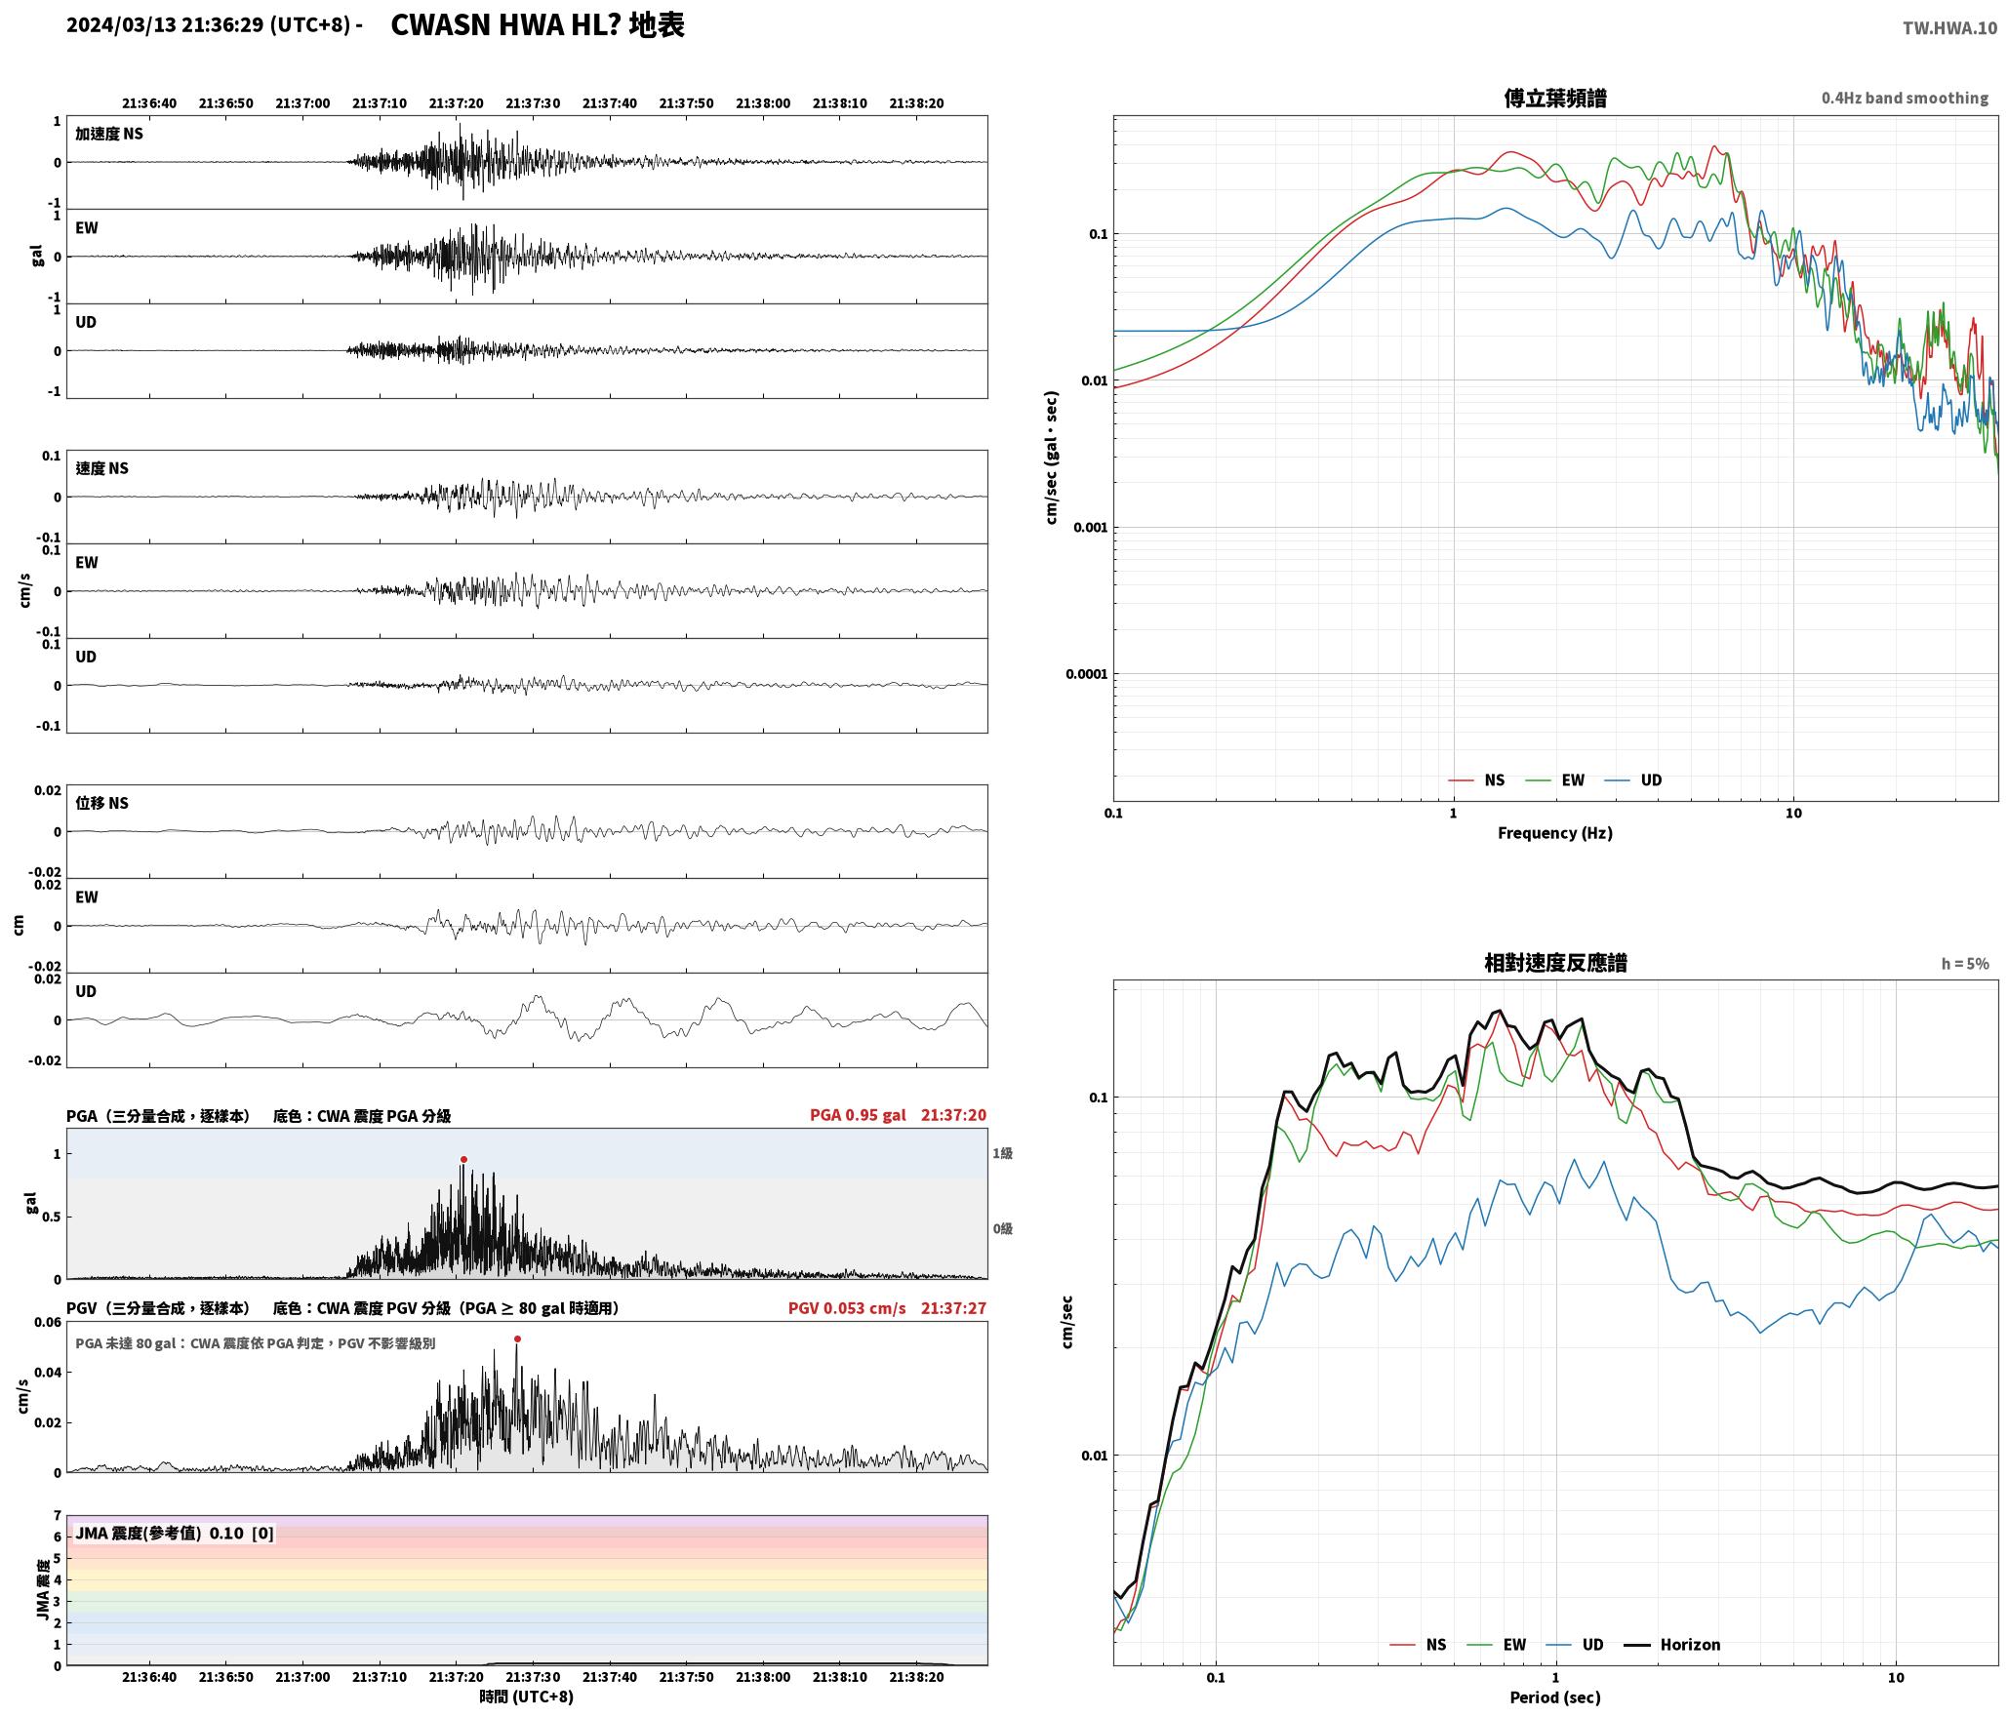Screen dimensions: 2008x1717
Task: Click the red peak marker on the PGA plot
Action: (463, 1160)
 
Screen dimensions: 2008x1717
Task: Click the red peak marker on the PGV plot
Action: (517, 1339)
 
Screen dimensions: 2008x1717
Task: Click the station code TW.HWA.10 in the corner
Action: (1949, 28)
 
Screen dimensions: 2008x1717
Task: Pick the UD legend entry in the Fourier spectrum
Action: (1633, 780)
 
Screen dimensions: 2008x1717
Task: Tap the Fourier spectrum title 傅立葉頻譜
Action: (1555, 99)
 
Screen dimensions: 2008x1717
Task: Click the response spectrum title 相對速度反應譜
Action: (1555, 963)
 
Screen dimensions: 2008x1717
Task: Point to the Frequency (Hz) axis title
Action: (1555, 833)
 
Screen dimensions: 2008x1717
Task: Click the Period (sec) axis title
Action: (1555, 1697)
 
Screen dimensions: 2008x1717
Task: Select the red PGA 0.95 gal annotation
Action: (858, 1115)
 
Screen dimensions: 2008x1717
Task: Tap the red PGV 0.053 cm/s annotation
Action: (847, 1308)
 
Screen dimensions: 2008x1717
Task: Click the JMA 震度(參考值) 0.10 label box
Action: (175, 1534)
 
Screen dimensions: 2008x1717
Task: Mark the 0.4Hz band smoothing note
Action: (1905, 99)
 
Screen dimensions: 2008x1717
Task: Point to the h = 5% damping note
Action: (1965, 964)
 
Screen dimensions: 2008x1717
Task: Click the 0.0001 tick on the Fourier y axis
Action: (1083, 674)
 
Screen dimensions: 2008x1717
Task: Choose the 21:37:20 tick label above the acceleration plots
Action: (456, 103)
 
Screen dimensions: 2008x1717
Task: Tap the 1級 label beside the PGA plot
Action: (1003, 1153)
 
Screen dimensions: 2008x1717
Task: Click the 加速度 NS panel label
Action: (109, 134)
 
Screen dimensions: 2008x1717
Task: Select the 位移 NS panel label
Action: (102, 803)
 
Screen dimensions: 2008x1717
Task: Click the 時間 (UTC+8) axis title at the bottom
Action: (527, 1697)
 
